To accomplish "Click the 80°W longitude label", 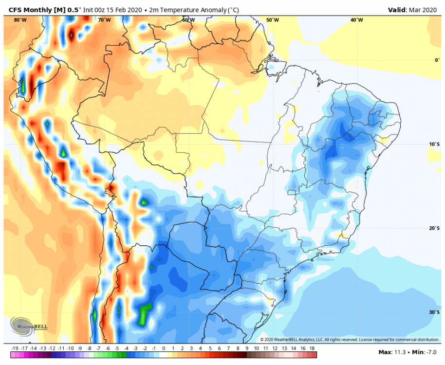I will (x=20, y=20).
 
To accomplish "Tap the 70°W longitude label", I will (x=104, y=20).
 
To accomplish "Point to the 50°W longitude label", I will (x=273, y=20).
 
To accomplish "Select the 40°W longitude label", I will (x=356, y=20).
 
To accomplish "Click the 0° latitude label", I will (x=436, y=60).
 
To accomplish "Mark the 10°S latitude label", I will (x=434, y=144).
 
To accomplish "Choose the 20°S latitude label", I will (x=434, y=228).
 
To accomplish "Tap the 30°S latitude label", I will (x=434, y=312).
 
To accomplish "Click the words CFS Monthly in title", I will (x=31, y=9).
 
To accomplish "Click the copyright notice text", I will (x=350, y=340).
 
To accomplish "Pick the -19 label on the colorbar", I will (x=15, y=348).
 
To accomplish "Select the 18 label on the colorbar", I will (x=312, y=348).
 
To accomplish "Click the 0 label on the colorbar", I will (x=164, y=348).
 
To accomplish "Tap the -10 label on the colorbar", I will (x=71, y=348).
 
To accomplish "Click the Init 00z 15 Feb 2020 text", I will (x=114, y=9).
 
